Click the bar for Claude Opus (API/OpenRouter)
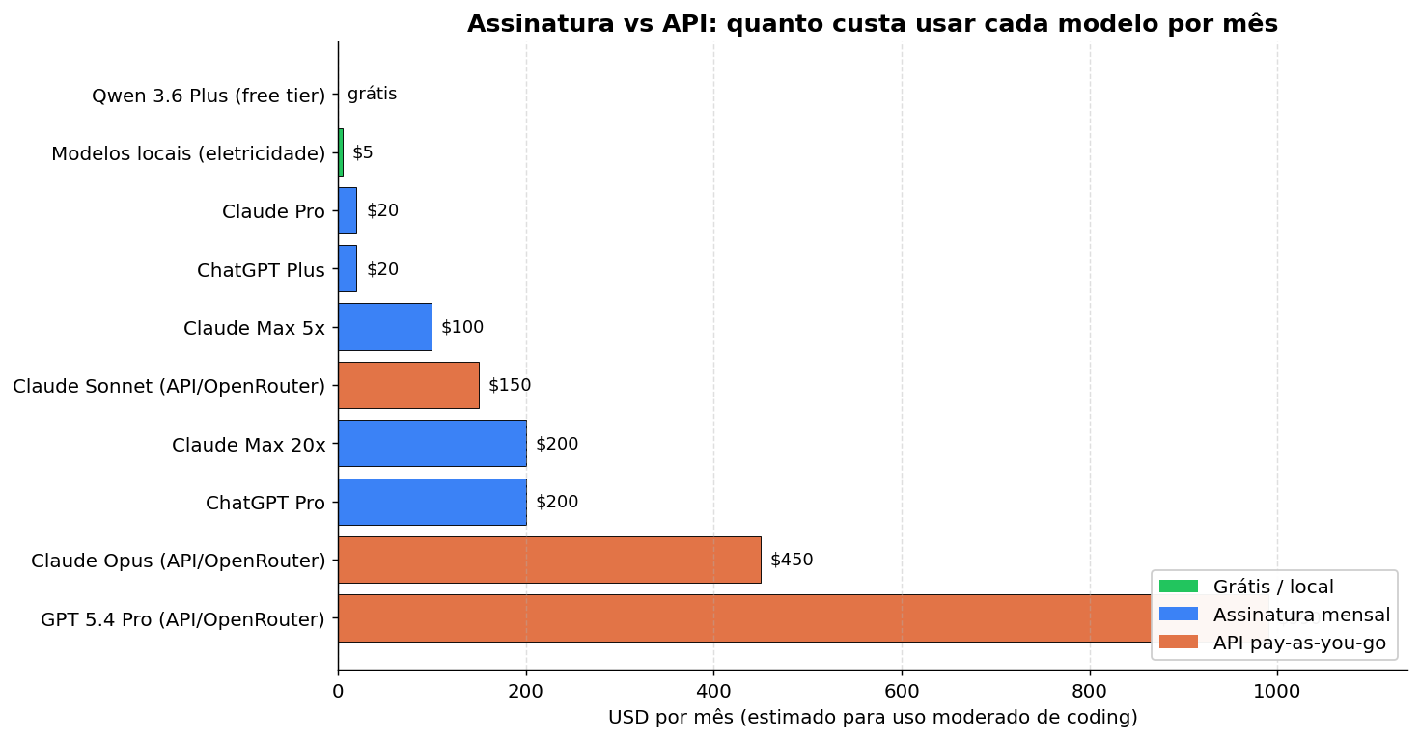tap(548, 560)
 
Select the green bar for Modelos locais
tap(341, 152)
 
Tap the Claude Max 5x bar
tap(384, 327)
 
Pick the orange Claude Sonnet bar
tap(408, 385)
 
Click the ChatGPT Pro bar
tap(432, 502)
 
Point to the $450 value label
tap(792, 560)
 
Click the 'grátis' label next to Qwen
tap(372, 94)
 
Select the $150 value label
tap(510, 385)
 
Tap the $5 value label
tap(362, 152)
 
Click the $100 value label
tap(462, 327)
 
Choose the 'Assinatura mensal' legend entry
tap(1301, 615)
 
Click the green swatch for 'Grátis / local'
tap(1178, 587)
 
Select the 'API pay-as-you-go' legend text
tap(1299, 643)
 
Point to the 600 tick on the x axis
tap(902, 691)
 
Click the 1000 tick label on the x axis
tap(1277, 691)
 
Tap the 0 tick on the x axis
tap(338, 691)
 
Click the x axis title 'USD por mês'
tap(872, 718)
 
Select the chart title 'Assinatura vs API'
tap(872, 24)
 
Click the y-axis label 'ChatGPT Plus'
tap(261, 270)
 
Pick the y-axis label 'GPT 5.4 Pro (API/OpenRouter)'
tap(182, 619)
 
